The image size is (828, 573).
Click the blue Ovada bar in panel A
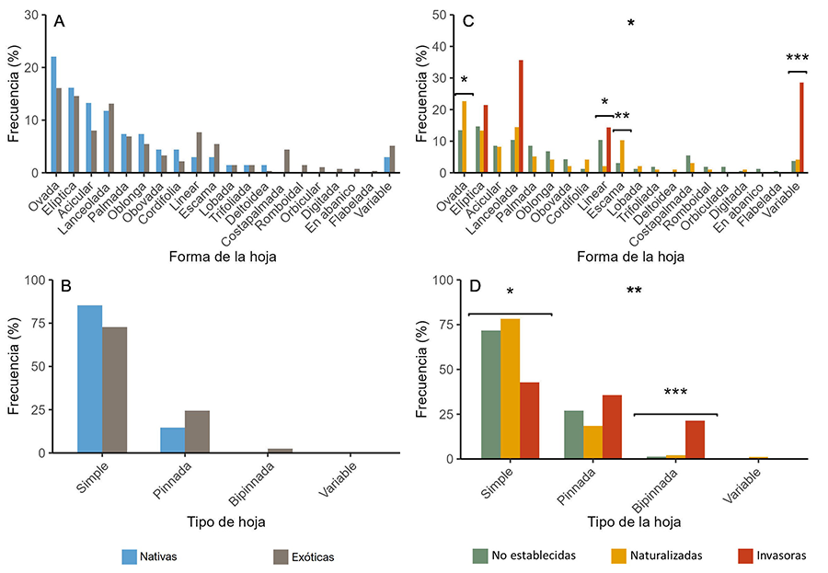point(53,114)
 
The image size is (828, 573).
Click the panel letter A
point(59,21)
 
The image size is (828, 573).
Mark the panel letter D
point(476,287)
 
